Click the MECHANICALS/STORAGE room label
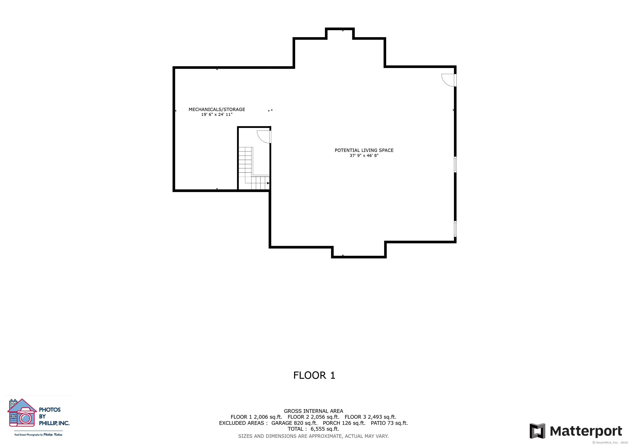217,109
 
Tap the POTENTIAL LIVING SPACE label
364,150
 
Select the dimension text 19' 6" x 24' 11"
217,115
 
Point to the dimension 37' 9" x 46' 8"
364,155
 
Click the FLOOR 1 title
314,375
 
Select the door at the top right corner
449,80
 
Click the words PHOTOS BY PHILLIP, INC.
54,417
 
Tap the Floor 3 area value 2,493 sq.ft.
382,417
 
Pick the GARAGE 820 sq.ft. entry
294,423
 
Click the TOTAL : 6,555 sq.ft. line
313,429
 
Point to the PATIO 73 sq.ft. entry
389,423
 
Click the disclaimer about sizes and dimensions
313,436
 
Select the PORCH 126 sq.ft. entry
344,423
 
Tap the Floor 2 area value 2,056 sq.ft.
325,417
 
